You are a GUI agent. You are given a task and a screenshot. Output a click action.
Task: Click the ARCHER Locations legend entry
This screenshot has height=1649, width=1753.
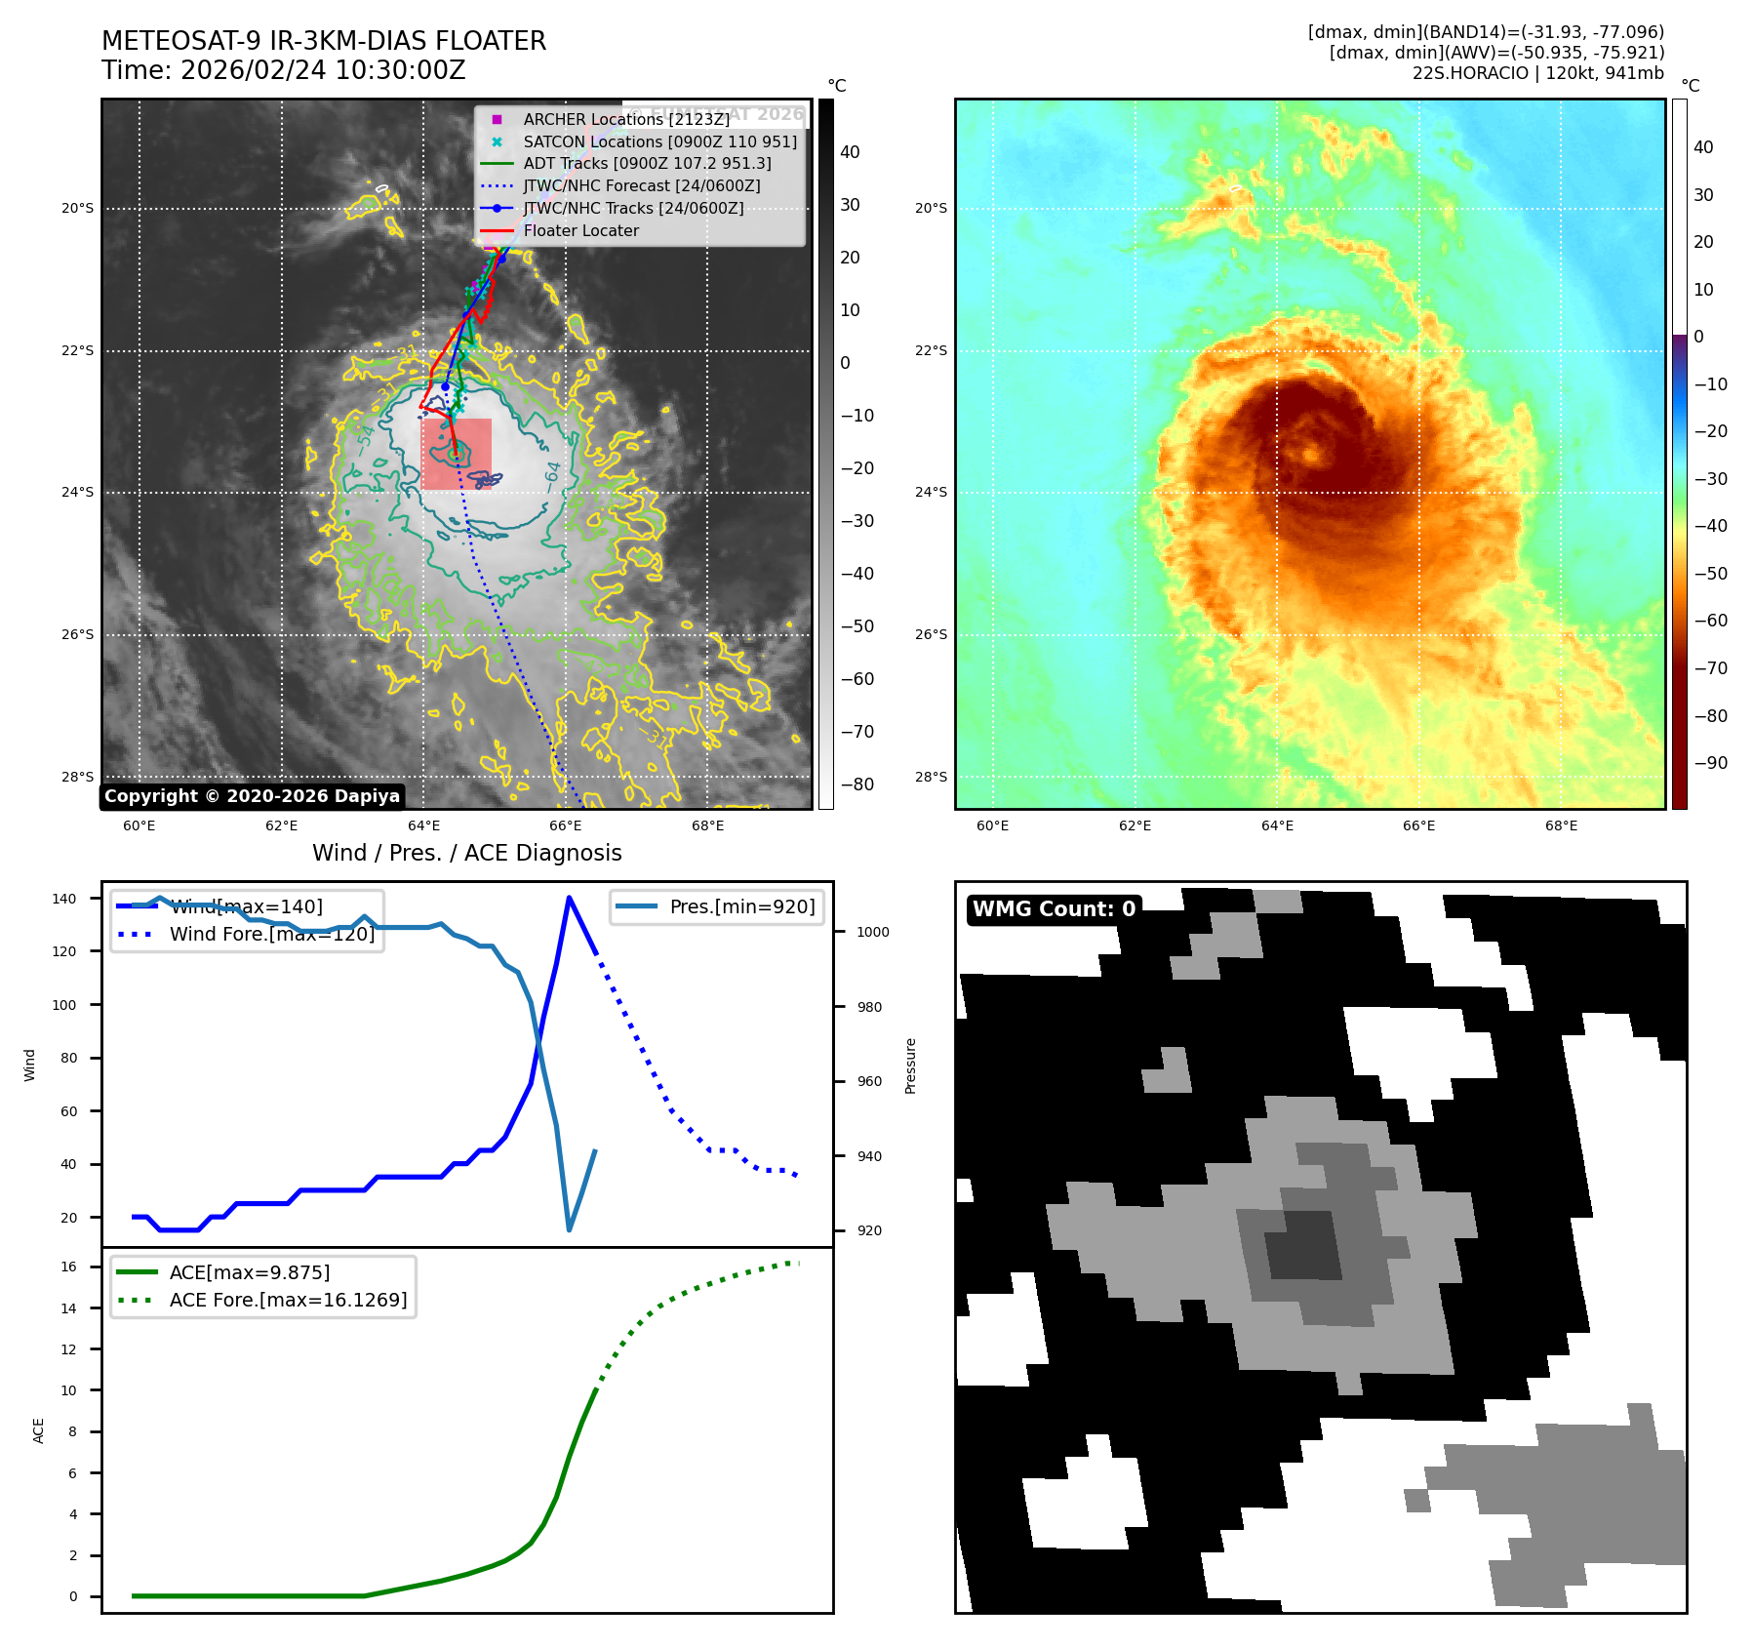tap(625, 119)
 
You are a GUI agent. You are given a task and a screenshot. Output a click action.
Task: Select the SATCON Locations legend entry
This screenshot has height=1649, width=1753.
tap(659, 141)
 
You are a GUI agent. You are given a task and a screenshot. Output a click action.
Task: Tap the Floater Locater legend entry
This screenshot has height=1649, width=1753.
tap(580, 230)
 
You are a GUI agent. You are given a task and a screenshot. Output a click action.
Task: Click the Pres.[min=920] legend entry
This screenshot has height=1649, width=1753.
tap(741, 906)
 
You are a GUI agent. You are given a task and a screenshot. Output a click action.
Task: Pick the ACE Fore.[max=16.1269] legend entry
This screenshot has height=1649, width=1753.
tap(288, 1300)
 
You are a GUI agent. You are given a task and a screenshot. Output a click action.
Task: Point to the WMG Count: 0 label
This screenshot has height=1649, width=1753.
tap(1054, 909)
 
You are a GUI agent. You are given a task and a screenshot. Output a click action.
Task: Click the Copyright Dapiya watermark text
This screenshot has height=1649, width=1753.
tap(252, 796)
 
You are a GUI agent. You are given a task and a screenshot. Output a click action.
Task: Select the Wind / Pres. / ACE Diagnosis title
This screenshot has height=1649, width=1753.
tap(466, 853)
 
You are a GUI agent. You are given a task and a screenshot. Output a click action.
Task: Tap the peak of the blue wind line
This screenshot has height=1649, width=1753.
tap(569, 898)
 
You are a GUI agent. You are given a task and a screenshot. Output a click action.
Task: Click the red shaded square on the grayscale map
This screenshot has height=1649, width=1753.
tap(456, 454)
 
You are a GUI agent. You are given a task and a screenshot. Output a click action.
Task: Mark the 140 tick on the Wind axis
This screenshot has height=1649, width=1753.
tap(64, 899)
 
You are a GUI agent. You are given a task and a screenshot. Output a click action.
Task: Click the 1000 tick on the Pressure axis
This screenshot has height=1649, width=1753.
tap(872, 932)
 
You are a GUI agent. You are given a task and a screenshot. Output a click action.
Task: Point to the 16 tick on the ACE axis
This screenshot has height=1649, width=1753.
tap(68, 1267)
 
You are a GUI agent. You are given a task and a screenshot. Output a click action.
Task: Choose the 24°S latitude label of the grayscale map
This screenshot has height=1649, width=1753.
tap(78, 492)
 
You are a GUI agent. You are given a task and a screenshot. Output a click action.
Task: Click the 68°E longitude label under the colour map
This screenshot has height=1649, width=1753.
tap(1561, 825)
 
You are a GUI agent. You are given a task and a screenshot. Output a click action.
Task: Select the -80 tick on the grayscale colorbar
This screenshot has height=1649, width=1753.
tap(857, 784)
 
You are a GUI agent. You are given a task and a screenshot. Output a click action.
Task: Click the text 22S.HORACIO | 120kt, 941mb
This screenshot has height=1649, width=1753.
tap(1537, 73)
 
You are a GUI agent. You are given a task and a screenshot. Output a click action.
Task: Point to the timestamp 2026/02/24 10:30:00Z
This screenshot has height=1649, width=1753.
tap(323, 70)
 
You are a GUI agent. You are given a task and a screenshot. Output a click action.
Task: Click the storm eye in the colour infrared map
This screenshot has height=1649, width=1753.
tap(1309, 453)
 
